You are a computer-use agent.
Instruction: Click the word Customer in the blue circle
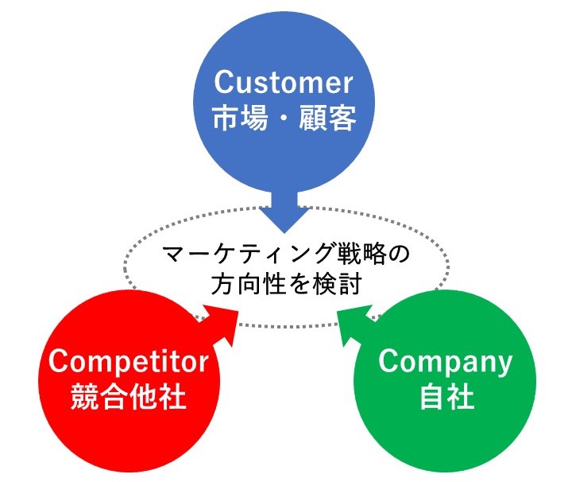(283, 84)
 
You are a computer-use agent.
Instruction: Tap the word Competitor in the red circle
(128, 362)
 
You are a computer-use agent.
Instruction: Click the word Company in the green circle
(446, 362)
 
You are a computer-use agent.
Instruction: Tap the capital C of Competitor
(60, 362)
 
